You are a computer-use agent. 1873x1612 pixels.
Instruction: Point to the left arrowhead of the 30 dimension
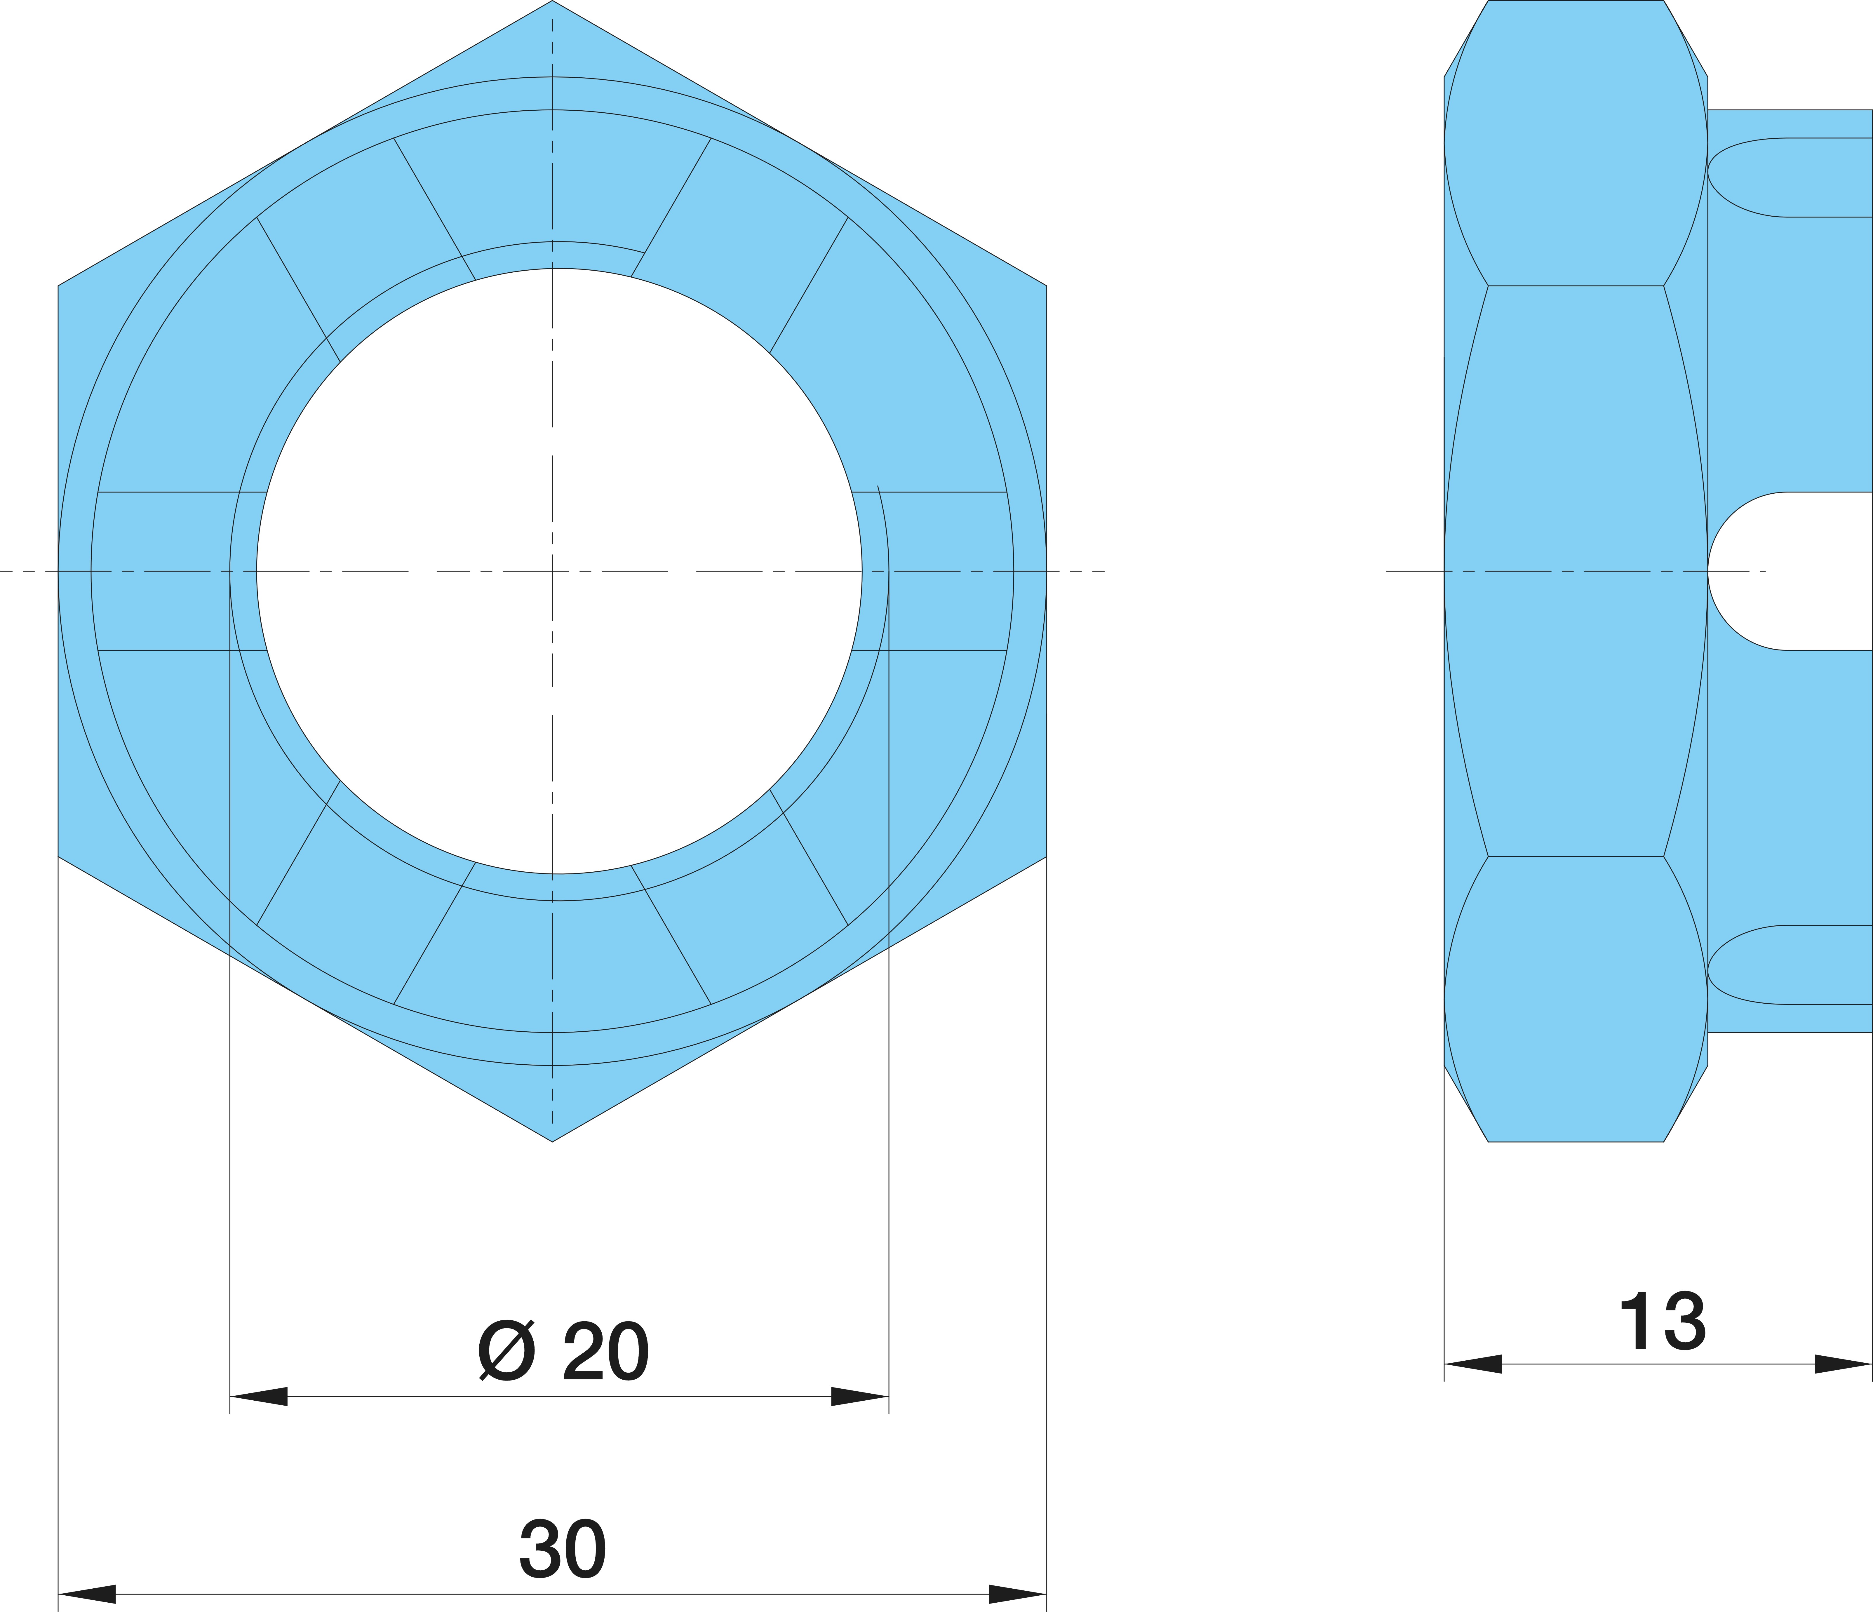tap(87, 1594)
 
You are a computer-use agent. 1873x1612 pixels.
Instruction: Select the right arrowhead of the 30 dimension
tap(1018, 1594)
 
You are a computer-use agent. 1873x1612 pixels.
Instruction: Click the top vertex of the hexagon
tap(552, 1)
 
